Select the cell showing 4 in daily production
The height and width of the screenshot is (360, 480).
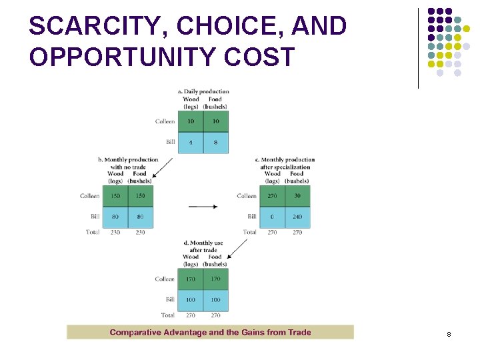pyautogui.click(x=191, y=142)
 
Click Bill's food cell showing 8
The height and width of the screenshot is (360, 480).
pyautogui.click(x=215, y=142)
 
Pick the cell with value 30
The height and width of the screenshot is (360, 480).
pyautogui.click(x=297, y=196)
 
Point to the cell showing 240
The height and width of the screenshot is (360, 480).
pyautogui.click(x=297, y=217)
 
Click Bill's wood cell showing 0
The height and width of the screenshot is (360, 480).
pyautogui.click(x=273, y=217)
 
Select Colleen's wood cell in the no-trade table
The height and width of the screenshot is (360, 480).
pyautogui.click(x=115, y=196)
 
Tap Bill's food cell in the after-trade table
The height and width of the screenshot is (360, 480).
pyautogui.click(x=215, y=300)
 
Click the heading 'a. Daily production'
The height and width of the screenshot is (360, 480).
pyautogui.click(x=203, y=91)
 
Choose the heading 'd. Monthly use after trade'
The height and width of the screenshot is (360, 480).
pyautogui.click(x=203, y=247)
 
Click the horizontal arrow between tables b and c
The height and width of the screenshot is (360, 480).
pyautogui.click(x=203, y=207)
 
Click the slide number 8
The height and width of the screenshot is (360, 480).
pyautogui.click(x=449, y=333)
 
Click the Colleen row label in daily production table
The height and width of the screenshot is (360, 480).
pyautogui.click(x=165, y=121)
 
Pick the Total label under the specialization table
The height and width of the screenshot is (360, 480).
pyautogui.click(x=249, y=233)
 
